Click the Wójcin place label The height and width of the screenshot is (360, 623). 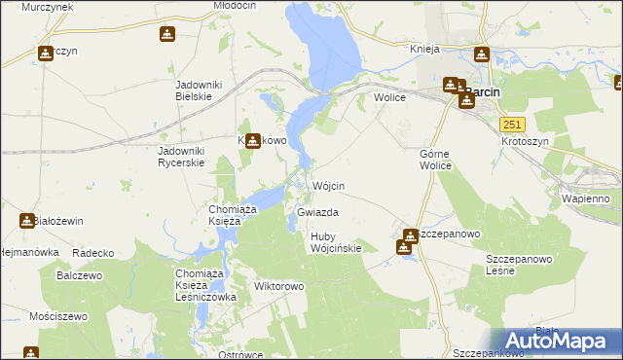(329, 185)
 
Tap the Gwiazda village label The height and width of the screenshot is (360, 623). (317, 211)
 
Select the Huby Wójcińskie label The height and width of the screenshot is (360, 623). (336, 242)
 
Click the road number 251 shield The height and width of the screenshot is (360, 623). (513, 125)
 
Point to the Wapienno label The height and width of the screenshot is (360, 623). (585, 198)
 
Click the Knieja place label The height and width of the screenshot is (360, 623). (425, 48)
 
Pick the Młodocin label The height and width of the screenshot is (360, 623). (234, 6)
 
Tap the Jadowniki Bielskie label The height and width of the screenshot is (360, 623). (199, 90)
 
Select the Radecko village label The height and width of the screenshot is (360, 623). (93, 253)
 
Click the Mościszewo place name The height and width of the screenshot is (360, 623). (58, 316)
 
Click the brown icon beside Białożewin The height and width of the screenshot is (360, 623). (26, 221)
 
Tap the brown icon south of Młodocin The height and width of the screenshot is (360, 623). (166, 35)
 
